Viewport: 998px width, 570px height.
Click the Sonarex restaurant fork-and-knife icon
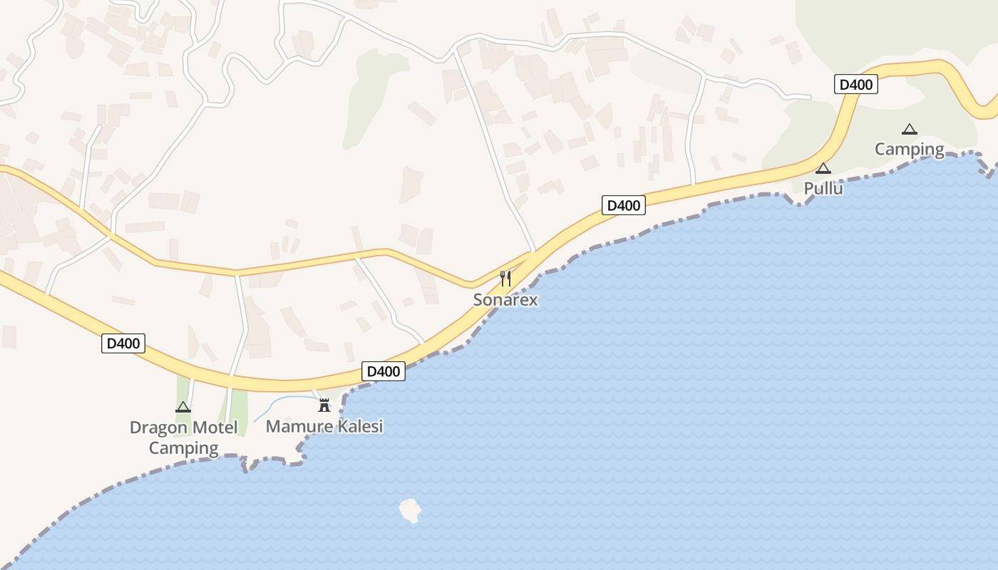point(505,278)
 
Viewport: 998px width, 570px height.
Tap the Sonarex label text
point(505,300)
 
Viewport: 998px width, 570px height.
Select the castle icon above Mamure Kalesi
point(324,405)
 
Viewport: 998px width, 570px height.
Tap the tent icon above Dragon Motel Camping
point(183,407)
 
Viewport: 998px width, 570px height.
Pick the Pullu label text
point(823,189)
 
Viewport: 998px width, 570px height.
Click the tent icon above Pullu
point(823,169)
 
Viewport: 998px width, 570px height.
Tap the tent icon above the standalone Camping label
point(909,130)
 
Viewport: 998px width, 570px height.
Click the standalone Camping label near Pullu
point(909,150)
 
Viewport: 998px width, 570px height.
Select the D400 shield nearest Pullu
point(855,84)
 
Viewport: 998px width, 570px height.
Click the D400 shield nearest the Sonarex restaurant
point(624,206)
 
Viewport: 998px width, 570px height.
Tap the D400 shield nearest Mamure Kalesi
point(384,371)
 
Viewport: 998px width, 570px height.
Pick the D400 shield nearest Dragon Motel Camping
point(123,343)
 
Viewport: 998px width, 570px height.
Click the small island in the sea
point(410,510)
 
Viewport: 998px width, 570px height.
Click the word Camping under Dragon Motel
point(183,448)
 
